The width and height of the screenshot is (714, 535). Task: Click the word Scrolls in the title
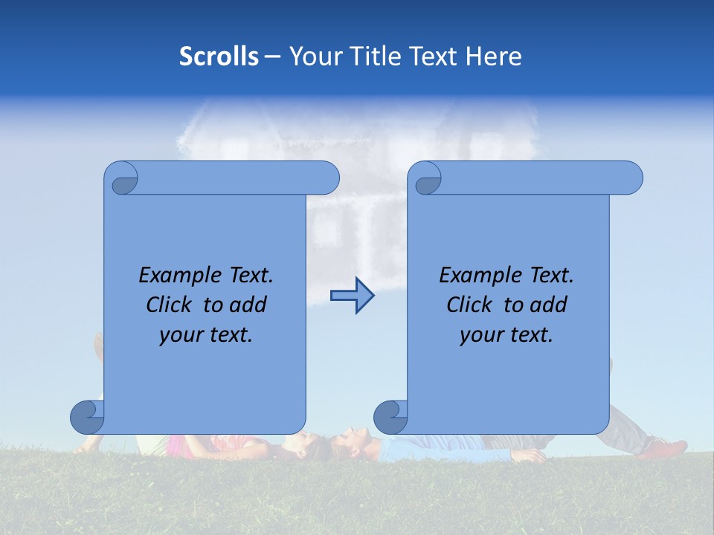coord(219,56)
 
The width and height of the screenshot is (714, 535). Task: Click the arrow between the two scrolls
coord(352,296)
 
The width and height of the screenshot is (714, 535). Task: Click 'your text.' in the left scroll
coord(206,334)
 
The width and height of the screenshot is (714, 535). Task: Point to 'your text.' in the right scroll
coord(506,334)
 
